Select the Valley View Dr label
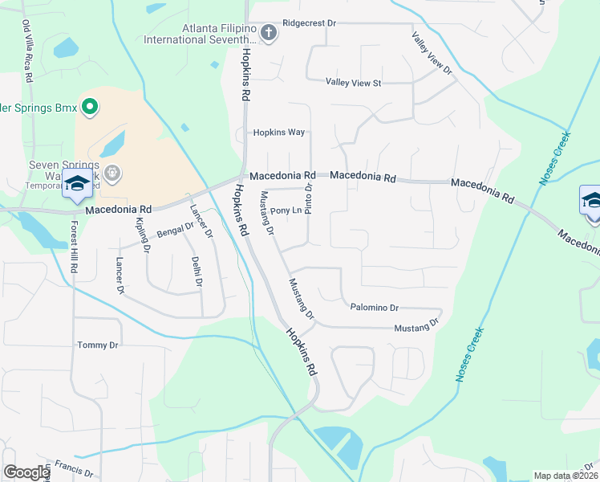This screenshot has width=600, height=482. click(432, 54)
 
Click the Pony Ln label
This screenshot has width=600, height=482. click(286, 211)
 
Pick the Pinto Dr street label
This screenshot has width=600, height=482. click(309, 198)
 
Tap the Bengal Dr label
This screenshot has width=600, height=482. click(175, 230)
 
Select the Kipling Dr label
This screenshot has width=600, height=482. click(144, 235)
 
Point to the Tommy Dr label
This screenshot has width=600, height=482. click(97, 345)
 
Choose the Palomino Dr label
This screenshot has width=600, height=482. click(374, 308)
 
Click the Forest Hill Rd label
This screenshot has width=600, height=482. click(74, 247)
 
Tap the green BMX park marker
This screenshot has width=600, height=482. click(90, 106)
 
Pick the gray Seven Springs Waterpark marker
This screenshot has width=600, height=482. click(111, 171)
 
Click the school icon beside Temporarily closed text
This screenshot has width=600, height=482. click(77, 186)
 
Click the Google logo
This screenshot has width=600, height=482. click(26, 472)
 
